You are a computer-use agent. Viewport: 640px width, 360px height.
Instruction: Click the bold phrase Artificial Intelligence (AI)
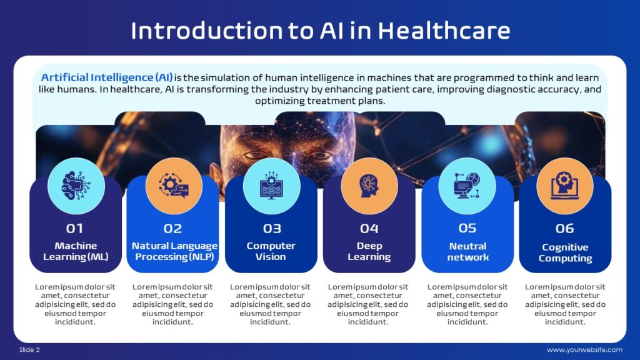pos(107,77)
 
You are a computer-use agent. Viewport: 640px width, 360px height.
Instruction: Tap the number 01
pos(75,228)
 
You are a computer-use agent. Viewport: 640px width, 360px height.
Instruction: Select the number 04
pos(369,228)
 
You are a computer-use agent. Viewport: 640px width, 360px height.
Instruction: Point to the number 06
pos(565,228)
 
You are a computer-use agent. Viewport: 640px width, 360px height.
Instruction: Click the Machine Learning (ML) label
pos(76,251)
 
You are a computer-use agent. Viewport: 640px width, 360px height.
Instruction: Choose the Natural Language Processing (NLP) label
pos(174,251)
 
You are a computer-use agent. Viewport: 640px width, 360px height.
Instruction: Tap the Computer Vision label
pos(271,251)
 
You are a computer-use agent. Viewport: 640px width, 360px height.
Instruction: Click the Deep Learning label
pos(369,251)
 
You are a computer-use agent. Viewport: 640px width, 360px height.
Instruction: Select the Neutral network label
pos(467,251)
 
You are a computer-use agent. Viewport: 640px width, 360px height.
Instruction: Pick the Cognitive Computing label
pos(565,252)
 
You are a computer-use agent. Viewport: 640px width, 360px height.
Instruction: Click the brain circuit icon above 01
pos(76,186)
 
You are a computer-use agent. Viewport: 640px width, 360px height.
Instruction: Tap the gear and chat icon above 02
pos(174,186)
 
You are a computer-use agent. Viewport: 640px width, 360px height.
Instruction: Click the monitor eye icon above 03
pos(271,186)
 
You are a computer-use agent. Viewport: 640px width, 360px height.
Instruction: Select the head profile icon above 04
pos(369,186)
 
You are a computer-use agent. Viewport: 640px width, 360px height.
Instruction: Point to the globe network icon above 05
pos(467,186)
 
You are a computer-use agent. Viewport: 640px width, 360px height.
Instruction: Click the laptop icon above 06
pos(565,186)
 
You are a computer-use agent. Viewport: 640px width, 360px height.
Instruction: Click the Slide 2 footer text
pos(29,349)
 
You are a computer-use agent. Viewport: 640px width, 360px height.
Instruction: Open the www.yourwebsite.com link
pos(584,349)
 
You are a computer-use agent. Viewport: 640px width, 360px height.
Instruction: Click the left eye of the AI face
pos(254,154)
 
